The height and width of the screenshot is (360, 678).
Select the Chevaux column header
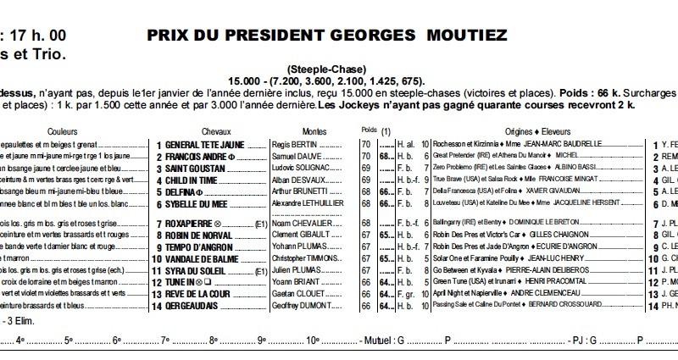tap(217, 133)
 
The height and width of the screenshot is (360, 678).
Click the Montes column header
tap(291, 133)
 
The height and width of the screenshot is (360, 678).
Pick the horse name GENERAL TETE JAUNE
tap(207, 145)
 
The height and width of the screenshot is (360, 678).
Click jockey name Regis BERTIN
tap(292, 145)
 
